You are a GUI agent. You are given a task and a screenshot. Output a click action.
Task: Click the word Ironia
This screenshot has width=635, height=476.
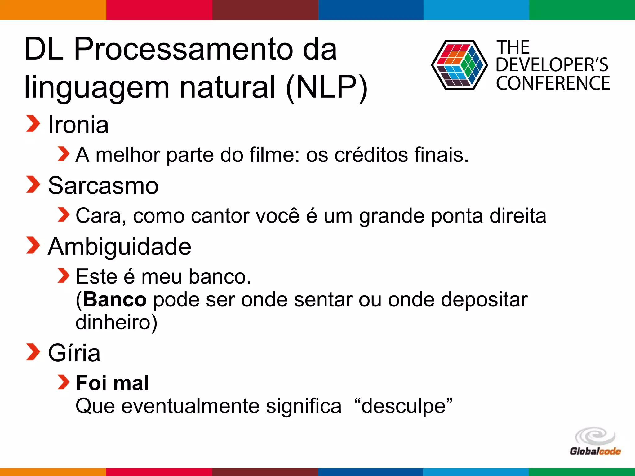(x=78, y=125)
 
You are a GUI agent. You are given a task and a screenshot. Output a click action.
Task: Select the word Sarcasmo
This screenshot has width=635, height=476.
(x=103, y=186)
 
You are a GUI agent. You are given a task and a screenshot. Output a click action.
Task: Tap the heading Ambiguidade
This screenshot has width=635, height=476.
(x=119, y=247)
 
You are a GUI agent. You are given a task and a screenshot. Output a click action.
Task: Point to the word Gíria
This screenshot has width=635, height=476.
(x=74, y=353)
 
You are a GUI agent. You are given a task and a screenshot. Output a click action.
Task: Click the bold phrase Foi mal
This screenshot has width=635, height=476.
(x=112, y=383)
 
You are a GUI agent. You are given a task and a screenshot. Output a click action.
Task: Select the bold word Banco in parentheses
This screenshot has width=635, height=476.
(x=114, y=300)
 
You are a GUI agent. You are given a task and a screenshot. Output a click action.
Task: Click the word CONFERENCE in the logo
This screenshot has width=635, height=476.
(x=553, y=83)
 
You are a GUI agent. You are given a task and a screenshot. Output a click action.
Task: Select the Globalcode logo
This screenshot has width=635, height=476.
(x=595, y=442)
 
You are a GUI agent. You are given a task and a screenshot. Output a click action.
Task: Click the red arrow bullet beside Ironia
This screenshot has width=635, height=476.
(x=33, y=124)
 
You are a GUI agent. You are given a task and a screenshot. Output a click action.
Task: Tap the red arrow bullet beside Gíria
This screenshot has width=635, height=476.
(x=33, y=352)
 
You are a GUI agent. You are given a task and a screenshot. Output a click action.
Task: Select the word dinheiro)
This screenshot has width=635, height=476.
(x=117, y=322)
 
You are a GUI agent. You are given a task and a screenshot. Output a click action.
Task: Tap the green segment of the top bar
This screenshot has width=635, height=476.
(x=582, y=10)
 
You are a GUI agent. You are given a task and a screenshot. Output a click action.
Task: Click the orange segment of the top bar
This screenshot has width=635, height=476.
(x=53, y=10)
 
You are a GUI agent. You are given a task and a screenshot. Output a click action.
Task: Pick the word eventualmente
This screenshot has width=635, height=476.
(x=190, y=406)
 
